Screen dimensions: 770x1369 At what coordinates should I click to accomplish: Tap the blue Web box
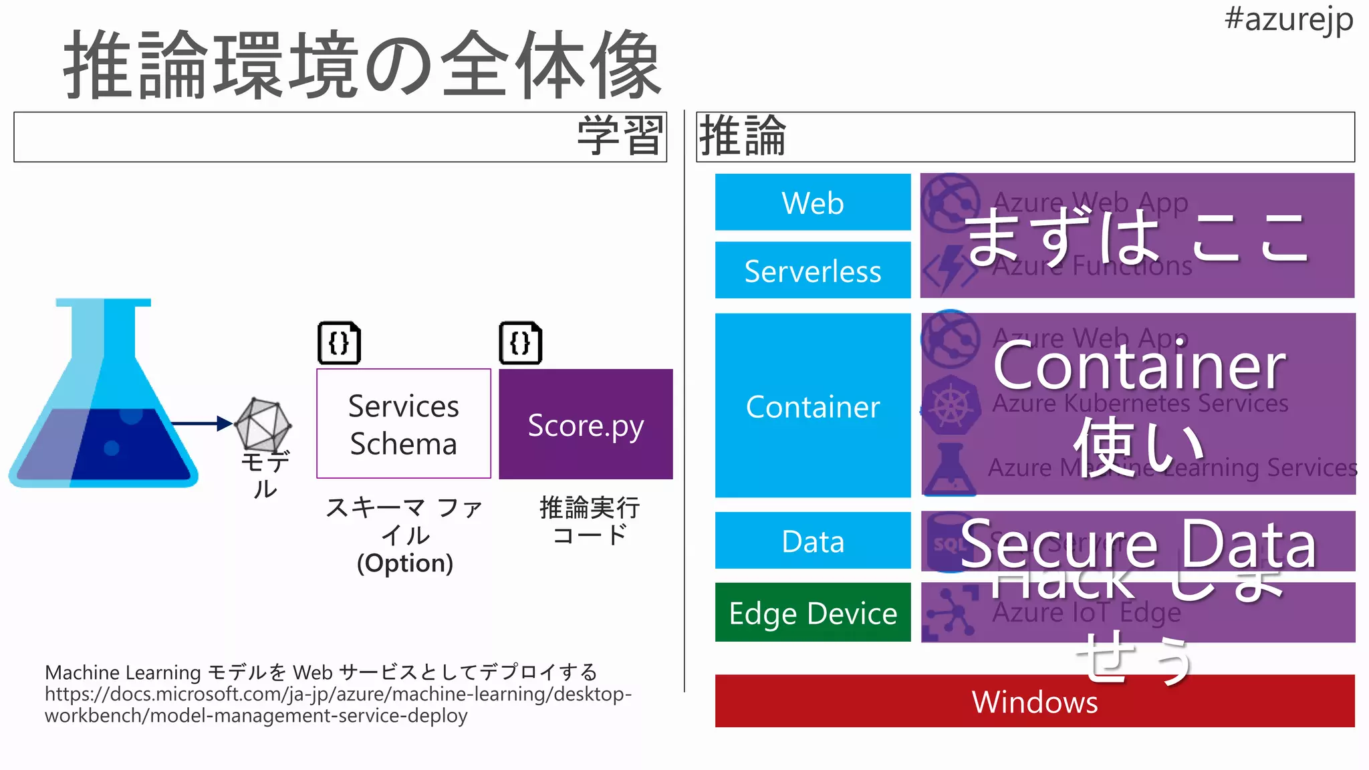[x=812, y=203]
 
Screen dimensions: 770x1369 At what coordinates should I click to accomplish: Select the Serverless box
[x=812, y=271]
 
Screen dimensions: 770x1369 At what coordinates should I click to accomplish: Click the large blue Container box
[x=812, y=406]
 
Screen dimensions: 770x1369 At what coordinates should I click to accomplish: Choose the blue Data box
[x=812, y=541]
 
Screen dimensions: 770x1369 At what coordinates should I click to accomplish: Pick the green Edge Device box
[x=812, y=612]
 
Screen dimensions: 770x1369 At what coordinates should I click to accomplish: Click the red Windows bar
[x=1034, y=701]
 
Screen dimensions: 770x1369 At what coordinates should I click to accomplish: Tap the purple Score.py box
[x=586, y=424]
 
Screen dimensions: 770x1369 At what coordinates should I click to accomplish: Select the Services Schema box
[x=403, y=424]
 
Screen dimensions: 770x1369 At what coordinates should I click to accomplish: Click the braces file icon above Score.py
[x=520, y=343]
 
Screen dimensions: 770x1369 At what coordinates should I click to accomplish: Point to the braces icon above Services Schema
[x=339, y=343]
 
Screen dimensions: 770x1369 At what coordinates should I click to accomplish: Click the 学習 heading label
[x=620, y=136]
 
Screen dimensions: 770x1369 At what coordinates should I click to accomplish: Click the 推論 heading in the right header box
[x=742, y=136]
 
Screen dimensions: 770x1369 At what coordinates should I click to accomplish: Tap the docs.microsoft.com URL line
[x=338, y=694]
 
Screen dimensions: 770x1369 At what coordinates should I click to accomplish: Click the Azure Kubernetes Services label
[x=1140, y=404]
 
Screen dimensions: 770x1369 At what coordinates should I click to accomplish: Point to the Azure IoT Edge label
[x=1086, y=612]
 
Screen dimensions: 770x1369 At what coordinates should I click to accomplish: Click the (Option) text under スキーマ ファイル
[x=404, y=563]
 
